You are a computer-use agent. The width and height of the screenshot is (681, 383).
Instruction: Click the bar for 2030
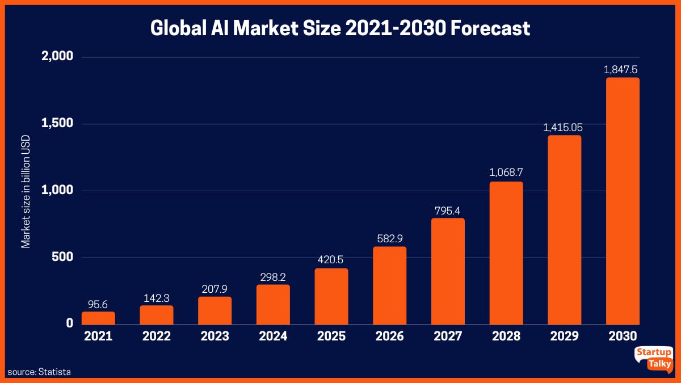click(x=623, y=201)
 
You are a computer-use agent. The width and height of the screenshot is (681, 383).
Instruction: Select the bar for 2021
click(x=98, y=318)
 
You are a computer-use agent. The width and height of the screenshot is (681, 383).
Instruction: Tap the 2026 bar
click(x=389, y=285)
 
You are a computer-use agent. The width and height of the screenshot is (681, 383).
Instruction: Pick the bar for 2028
click(x=506, y=253)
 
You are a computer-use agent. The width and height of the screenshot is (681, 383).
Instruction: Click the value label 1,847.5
click(x=623, y=70)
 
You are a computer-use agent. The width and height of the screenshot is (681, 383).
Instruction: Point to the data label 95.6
click(x=98, y=304)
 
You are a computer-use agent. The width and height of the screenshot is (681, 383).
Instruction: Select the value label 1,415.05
click(x=564, y=128)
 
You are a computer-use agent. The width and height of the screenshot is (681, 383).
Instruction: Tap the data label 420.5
click(x=331, y=260)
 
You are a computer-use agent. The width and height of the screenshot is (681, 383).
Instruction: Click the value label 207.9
click(x=215, y=289)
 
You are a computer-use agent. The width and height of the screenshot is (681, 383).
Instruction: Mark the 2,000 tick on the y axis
click(x=57, y=57)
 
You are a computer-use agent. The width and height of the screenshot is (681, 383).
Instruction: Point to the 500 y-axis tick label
click(x=62, y=257)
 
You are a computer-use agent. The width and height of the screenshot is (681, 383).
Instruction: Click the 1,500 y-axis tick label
click(x=57, y=124)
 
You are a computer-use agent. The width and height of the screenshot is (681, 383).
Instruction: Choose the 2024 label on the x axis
click(x=273, y=336)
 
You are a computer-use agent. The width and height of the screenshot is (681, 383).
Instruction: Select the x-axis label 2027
click(x=448, y=336)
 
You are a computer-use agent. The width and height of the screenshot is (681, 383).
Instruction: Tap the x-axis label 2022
click(x=157, y=336)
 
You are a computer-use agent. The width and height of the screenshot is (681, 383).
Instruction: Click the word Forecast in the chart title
click(x=490, y=28)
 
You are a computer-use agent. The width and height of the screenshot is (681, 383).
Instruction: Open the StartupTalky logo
click(x=653, y=359)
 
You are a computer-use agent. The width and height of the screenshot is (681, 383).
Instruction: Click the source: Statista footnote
click(x=39, y=372)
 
